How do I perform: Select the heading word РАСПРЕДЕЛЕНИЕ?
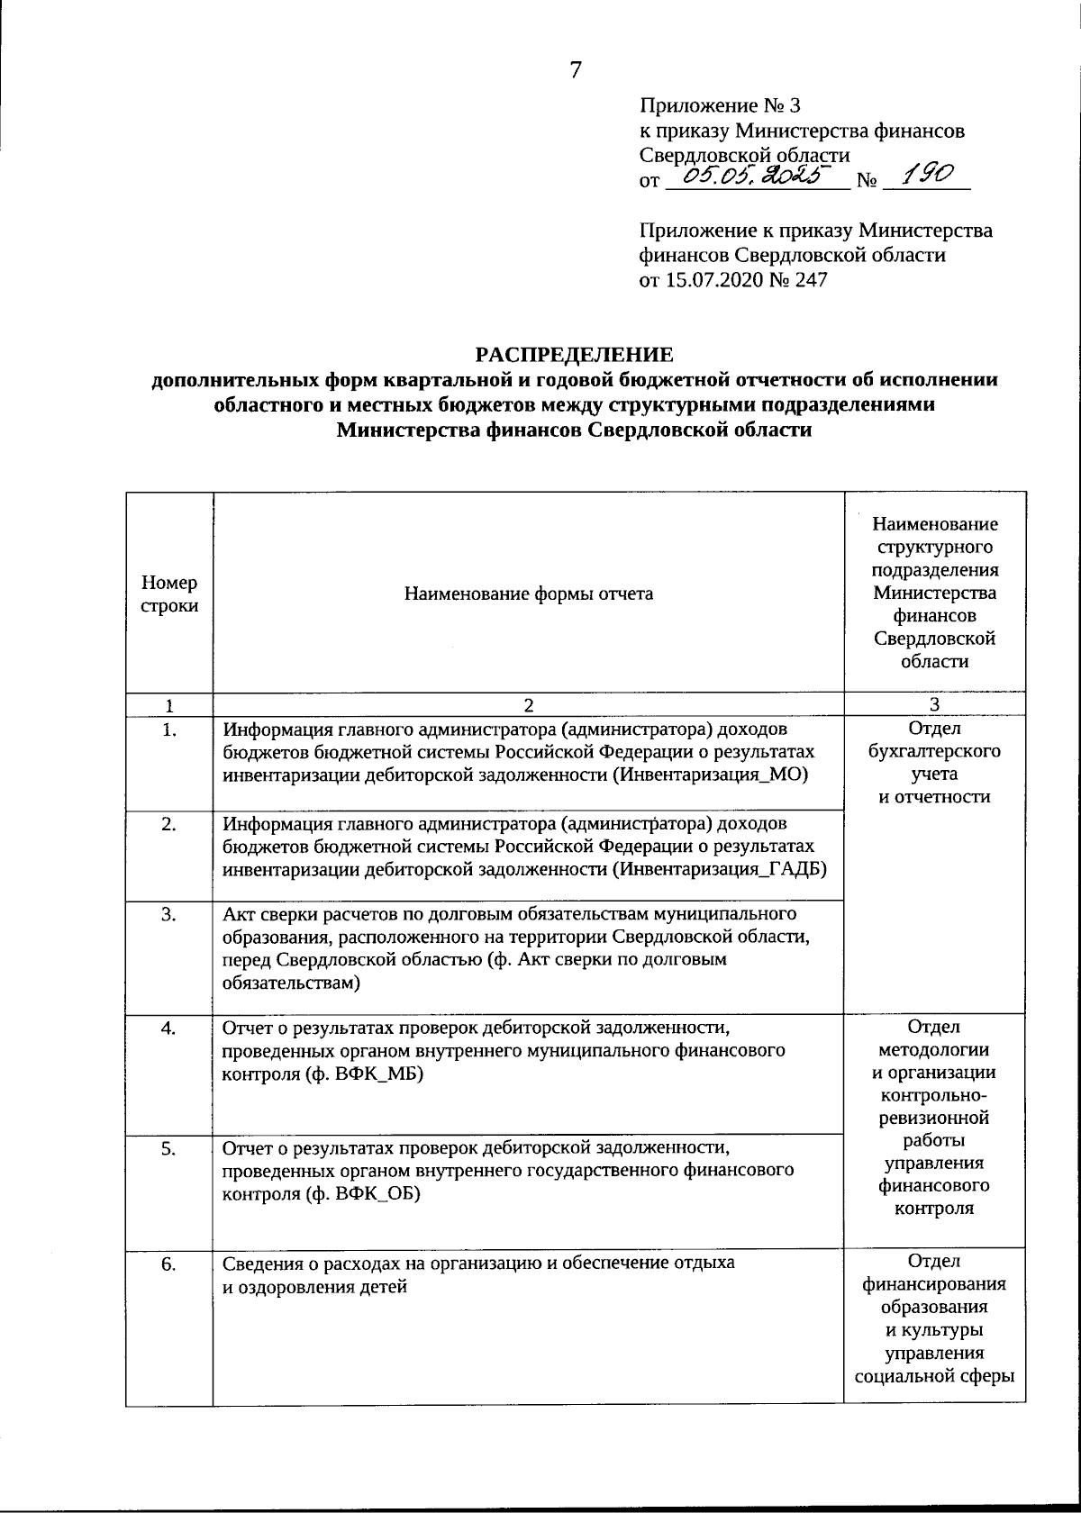click(x=575, y=355)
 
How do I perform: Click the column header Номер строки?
click(x=169, y=594)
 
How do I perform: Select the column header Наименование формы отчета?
click(x=529, y=593)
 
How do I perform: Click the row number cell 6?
click(x=168, y=1264)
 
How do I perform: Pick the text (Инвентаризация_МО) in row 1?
click(x=711, y=775)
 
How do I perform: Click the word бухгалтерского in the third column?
click(x=934, y=751)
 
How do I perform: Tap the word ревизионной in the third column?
click(x=934, y=1119)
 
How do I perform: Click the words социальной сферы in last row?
click(x=934, y=1376)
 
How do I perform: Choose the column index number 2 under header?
click(x=529, y=705)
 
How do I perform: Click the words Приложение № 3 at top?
click(x=713, y=106)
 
